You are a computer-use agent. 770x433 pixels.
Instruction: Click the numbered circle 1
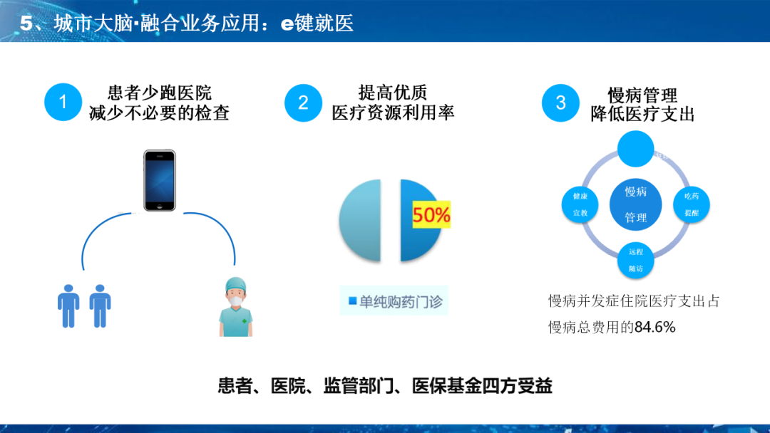63,103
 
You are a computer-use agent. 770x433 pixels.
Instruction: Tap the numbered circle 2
303,103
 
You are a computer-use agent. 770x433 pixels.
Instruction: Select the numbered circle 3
560,103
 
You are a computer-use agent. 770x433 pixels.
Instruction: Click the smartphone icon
159,180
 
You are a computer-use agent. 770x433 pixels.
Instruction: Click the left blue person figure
68,306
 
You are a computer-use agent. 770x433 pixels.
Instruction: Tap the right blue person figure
100,306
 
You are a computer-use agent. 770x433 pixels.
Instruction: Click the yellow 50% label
431,215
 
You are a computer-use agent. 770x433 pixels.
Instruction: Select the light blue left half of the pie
360,221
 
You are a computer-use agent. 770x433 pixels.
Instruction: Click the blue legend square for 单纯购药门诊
352,302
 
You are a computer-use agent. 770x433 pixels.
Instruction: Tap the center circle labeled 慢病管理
635,204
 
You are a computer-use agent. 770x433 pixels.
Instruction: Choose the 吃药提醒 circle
691,204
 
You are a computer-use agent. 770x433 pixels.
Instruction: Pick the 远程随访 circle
635,259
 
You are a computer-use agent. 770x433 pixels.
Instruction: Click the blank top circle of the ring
635,147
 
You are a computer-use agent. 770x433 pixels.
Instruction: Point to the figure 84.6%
654,328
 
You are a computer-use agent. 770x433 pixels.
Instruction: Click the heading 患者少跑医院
159,93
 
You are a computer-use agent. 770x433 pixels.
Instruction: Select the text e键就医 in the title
317,23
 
